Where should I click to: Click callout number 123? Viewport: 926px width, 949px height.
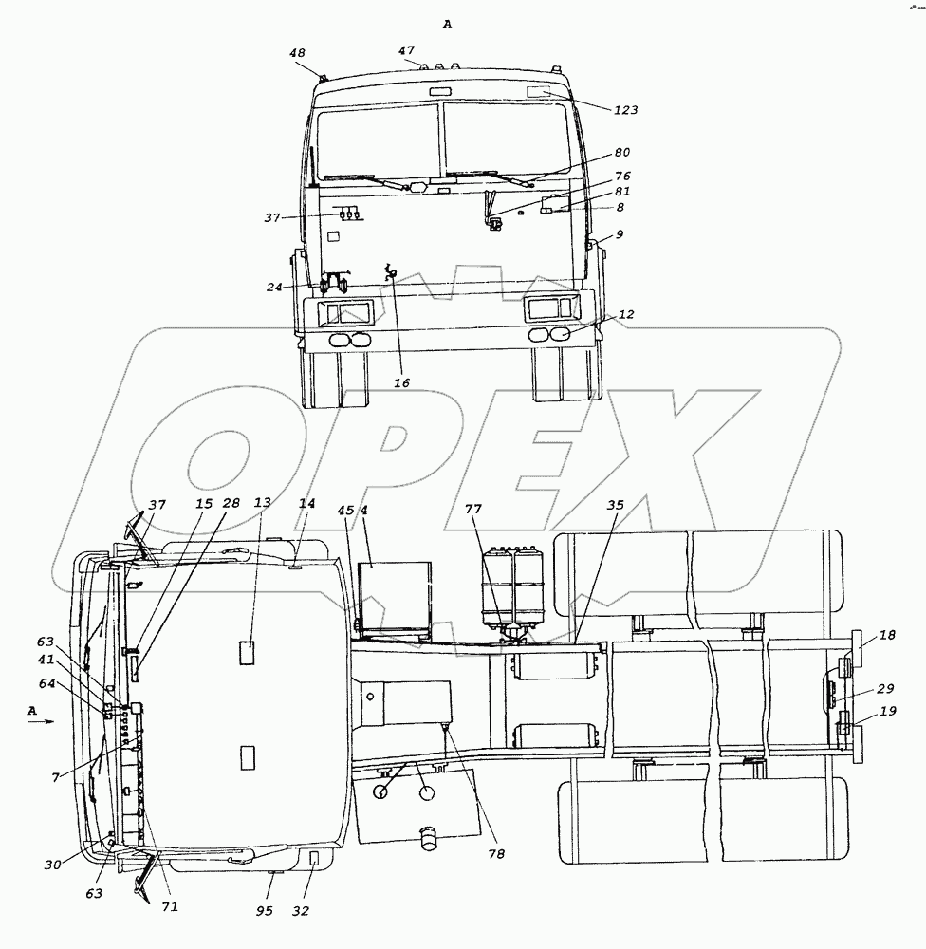[626, 110]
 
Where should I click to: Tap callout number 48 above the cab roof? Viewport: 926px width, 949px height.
[297, 53]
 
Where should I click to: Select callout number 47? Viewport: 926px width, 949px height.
[406, 51]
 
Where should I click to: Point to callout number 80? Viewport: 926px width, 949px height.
[622, 153]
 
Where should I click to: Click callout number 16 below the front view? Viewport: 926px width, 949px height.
[402, 382]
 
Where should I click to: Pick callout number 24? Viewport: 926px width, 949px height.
[274, 287]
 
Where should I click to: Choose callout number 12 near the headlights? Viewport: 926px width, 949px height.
[626, 315]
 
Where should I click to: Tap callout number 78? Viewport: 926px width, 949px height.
[496, 854]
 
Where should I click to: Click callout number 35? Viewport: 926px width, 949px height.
[616, 505]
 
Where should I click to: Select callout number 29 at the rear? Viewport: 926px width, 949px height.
[885, 689]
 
